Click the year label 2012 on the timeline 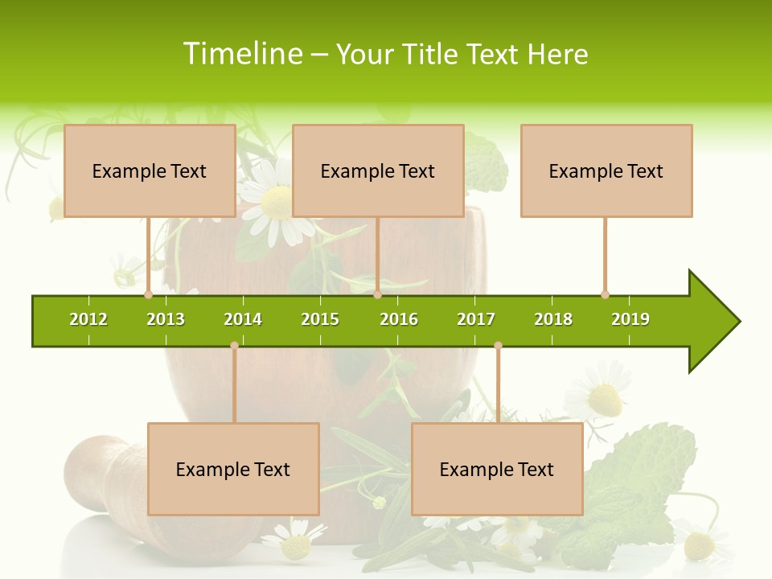point(88,319)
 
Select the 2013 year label point(166,319)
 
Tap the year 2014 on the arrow point(243,319)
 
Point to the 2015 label point(320,319)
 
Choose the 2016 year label point(399,319)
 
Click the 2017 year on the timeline point(476,319)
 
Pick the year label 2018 point(553,319)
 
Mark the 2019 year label point(630,319)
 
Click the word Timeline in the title point(243,54)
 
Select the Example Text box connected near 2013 point(150,170)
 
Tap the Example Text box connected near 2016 point(378,170)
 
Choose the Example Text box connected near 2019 point(606,170)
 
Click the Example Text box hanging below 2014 point(233,469)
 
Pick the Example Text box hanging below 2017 point(497,469)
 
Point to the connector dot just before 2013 point(148,294)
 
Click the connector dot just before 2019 point(605,294)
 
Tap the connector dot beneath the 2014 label point(234,346)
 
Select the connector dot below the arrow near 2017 point(498,346)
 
